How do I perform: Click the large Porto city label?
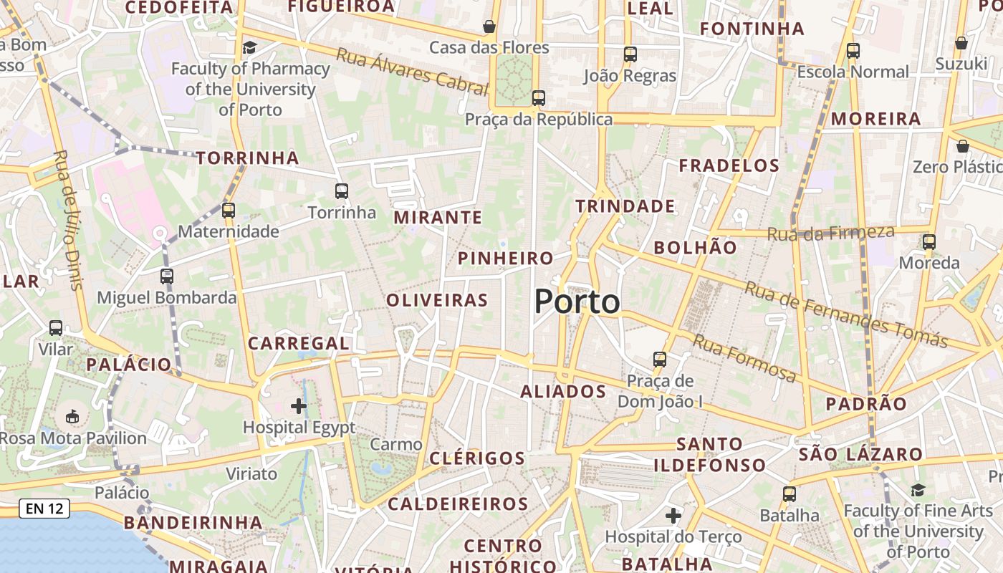pyautogui.click(x=577, y=302)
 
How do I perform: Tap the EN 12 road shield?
pyautogui.click(x=44, y=509)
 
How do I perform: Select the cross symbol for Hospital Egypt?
pyautogui.click(x=299, y=406)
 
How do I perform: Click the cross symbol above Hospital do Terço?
pyautogui.click(x=673, y=515)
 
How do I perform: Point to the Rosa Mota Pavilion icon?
pyautogui.click(x=72, y=416)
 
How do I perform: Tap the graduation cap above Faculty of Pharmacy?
pyautogui.click(x=249, y=47)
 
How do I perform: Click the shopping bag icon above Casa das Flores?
pyautogui.click(x=489, y=27)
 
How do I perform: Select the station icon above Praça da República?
pyautogui.click(x=538, y=98)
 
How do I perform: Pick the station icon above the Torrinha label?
pyautogui.click(x=342, y=191)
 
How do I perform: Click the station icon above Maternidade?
pyautogui.click(x=229, y=211)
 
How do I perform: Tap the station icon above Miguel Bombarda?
pyautogui.click(x=167, y=276)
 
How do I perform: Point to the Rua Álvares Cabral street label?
pyautogui.click(x=412, y=72)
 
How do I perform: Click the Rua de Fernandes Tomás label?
pyautogui.click(x=845, y=314)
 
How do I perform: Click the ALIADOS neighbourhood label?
pyautogui.click(x=563, y=392)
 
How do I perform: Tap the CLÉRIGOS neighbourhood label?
pyautogui.click(x=477, y=458)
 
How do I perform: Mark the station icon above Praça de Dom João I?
pyautogui.click(x=660, y=360)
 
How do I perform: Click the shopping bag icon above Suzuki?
pyautogui.click(x=961, y=43)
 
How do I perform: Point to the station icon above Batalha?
pyautogui.click(x=790, y=493)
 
